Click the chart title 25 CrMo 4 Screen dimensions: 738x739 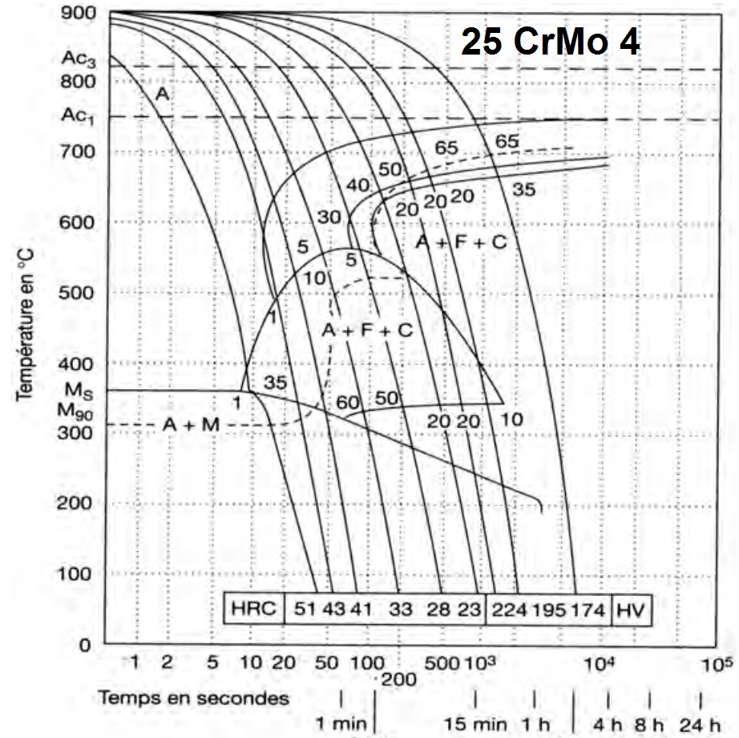pyautogui.click(x=551, y=42)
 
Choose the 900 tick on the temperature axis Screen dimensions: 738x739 pyautogui.click(x=78, y=13)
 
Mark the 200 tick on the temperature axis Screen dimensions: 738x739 pyautogui.click(x=78, y=504)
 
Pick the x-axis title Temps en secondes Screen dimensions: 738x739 pyautogui.click(x=193, y=697)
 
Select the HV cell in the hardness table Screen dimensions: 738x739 pyautogui.click(x=630, y=609)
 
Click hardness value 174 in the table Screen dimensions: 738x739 pyautogui.click(x=590, y=609)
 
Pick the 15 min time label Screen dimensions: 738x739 pyautogui.click(x=479, y=723)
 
